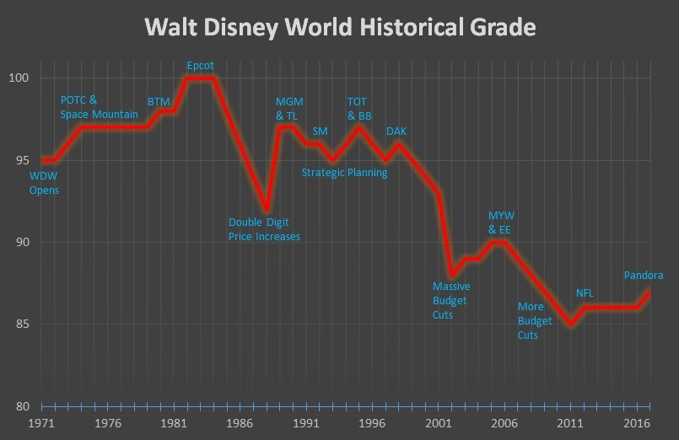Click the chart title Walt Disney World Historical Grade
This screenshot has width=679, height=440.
(340, 27)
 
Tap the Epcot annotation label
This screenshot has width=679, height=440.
(201, 65)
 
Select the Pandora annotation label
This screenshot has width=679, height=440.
(643, 276)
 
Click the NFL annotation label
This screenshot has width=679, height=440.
(585, 293)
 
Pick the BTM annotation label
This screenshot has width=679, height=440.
(159, 102)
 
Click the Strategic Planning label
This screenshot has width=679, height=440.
(345, 173)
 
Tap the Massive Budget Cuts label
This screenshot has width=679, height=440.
(451, 301)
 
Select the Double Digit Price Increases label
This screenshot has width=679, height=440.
(264, 230)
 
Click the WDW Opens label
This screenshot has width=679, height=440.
(44, 184)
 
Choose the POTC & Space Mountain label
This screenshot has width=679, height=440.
(99, 108)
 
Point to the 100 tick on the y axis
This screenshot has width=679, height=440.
(19, 78)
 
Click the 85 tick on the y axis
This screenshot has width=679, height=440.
(22, 325)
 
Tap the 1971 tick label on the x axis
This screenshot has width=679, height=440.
(41, 423)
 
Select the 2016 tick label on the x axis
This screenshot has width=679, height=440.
(637, 423)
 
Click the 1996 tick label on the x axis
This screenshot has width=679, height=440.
(372, 423)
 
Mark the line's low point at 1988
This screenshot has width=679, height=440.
(266, 209)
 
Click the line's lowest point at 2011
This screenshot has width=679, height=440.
(571, 325)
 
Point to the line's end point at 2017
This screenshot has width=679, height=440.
(649, 292)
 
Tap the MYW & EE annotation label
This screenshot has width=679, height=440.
(499, 223)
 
